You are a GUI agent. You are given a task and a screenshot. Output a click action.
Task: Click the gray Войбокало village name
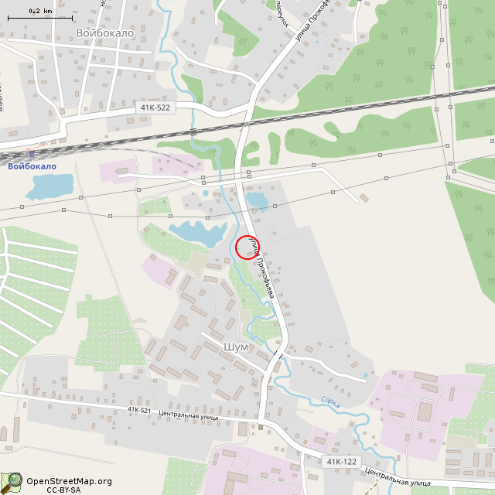coord(105,33)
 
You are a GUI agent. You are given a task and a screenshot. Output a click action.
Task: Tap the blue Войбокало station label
coord(32,166)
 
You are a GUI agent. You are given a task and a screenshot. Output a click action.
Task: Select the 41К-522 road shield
coord(155,108)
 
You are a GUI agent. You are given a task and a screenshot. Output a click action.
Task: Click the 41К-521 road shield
coord(139,410)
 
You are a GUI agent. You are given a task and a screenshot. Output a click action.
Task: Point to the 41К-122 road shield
coord(341,462)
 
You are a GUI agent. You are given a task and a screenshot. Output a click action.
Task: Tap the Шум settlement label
coord(235,347)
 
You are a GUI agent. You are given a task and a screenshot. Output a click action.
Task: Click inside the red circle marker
coord(247,247)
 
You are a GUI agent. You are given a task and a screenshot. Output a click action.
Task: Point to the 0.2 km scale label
coord(40,11)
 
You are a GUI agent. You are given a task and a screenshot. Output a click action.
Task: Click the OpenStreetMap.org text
coord(70,481)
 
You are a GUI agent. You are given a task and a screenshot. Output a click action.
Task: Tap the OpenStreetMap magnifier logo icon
coord(12,483)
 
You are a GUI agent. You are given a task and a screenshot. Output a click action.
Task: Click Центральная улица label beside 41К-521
coord(188,415)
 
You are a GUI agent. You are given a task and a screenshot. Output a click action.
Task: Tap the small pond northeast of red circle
coord(257,201)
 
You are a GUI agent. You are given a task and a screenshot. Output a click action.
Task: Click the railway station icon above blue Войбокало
coord(32,154)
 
